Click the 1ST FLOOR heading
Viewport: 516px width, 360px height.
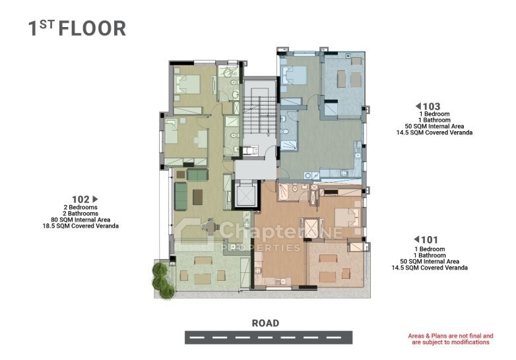click(77, 28)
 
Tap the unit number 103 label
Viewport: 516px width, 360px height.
click(432, 107)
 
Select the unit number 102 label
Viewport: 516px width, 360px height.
click(81, 200)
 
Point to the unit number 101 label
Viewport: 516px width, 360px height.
click(430, 240)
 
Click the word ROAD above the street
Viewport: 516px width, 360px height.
click(265, 323)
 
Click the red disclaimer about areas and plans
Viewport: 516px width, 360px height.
click(451, 339)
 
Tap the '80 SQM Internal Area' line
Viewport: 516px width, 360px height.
click(81, 220)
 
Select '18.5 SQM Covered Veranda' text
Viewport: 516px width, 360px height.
click(81, 226)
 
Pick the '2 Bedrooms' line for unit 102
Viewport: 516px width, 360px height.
click(81, 207)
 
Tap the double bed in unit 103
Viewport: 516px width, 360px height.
click(293, 76)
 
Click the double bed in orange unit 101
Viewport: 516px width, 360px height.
click(348, 218)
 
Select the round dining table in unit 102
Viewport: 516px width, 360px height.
click(210, 226)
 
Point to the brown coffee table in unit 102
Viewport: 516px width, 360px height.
click(198, 197)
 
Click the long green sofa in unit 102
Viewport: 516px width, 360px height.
click(181, 196)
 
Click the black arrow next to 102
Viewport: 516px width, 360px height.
click(96, 199)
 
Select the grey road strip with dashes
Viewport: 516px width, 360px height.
click(269, 338)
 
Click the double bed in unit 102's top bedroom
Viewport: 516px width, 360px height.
click(188, 84)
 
